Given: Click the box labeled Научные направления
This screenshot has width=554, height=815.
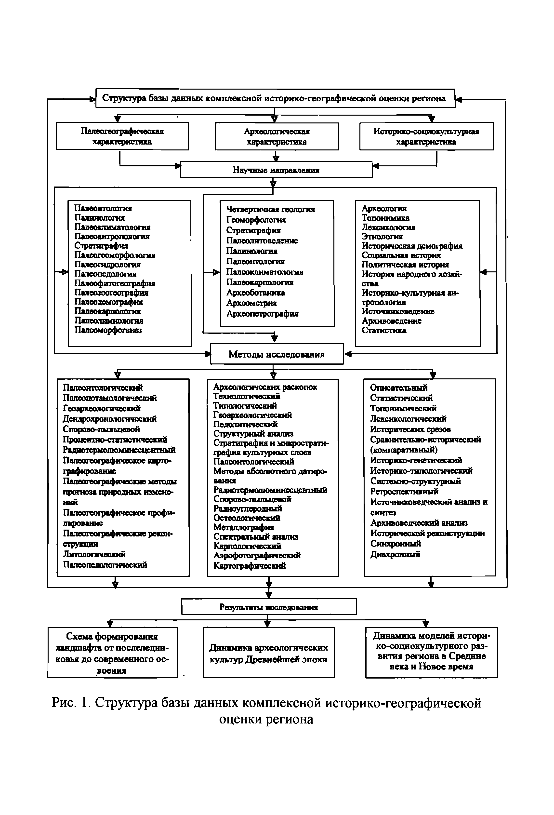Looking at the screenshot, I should [276, 170].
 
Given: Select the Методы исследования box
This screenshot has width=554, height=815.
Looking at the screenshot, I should [276, 354].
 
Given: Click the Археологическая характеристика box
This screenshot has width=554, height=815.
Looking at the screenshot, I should [277, 136].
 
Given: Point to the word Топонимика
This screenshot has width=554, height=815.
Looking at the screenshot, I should [385, 218].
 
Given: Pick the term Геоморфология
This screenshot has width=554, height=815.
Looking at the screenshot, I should [256, 220].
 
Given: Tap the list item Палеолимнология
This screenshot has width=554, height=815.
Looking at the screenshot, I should [109, 321].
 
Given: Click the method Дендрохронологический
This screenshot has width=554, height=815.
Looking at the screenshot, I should [109, 419].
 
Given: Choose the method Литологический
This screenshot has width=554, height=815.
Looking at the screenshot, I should [94, 554].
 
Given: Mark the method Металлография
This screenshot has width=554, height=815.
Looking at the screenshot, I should [244, 527].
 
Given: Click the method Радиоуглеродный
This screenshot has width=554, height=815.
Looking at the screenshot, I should [248, 508].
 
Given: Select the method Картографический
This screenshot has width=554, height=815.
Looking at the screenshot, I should [250, 565].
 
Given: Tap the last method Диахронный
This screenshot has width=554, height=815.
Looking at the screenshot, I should [395, 554].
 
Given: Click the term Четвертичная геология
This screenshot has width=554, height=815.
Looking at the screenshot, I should [270, 209].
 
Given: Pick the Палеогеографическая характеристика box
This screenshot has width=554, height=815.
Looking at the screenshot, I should [122, 136].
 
